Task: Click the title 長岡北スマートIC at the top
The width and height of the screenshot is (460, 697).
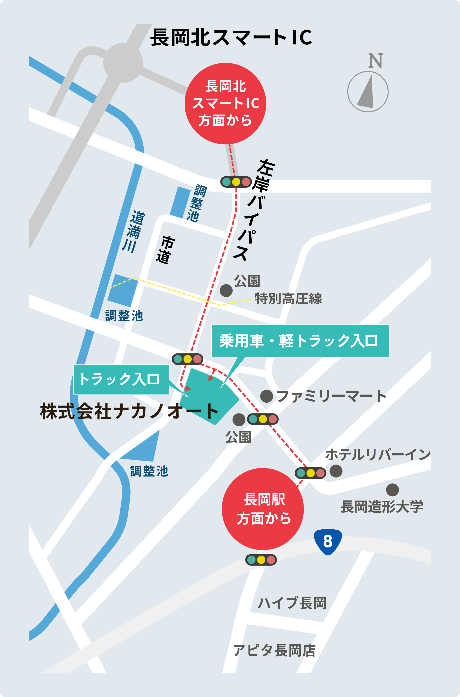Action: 231,37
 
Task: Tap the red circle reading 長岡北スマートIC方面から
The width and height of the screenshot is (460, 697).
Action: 225,104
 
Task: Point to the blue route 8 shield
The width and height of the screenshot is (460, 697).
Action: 328,541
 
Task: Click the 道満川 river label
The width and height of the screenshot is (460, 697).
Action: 133,232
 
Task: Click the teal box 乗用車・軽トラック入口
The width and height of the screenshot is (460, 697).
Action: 300,340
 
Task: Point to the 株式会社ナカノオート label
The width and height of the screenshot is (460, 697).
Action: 129,411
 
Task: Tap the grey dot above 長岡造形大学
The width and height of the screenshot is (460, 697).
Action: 392,490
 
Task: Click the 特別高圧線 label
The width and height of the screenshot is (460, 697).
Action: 288,299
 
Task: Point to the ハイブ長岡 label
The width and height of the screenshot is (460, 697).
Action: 292,603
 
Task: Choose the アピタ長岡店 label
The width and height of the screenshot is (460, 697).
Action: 274,651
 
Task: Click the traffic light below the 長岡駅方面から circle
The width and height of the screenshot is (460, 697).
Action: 261,560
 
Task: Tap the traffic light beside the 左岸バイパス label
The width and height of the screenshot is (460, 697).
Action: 236,182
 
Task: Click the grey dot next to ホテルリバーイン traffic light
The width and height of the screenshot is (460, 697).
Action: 336,471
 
